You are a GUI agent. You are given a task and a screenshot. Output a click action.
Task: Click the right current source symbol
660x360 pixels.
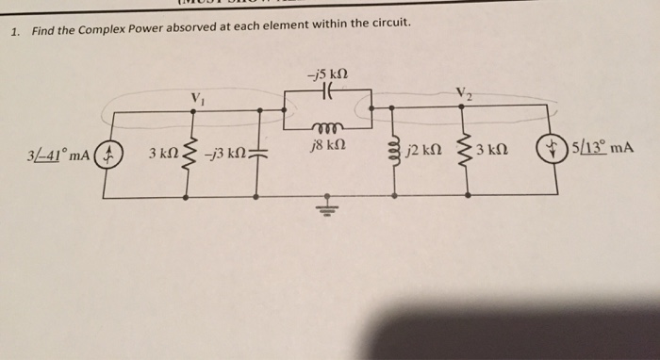click(x=548, y=151)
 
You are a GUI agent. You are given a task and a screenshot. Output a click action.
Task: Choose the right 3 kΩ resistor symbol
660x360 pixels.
click(x=463, y=151)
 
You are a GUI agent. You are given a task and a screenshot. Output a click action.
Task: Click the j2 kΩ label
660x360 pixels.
click(x=421, y=151)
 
